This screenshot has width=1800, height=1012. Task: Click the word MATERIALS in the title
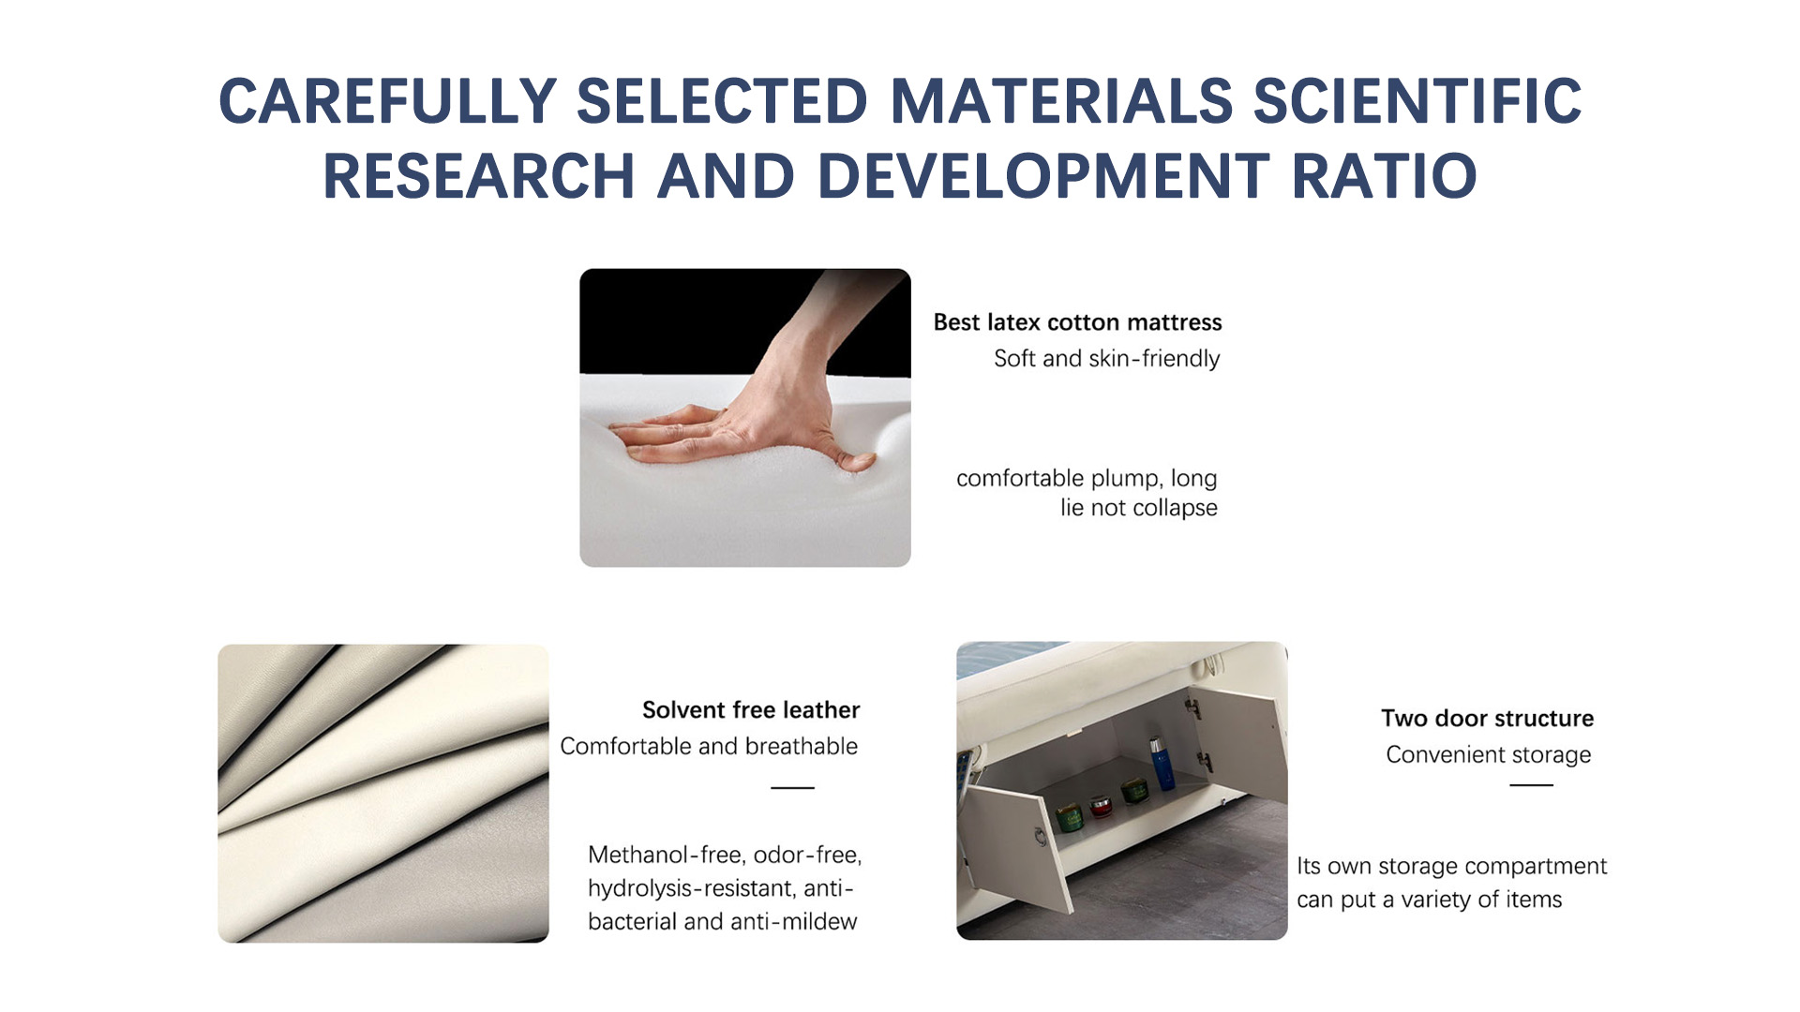[x=1061, y=101]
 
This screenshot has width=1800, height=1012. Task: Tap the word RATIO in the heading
[x=1384, y=176]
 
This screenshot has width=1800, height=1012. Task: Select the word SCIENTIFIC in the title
[x=1417, y=101]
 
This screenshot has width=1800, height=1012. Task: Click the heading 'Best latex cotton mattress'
[x=1077, y=322]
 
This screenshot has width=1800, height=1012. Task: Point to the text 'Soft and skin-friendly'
[x=1106, y=359]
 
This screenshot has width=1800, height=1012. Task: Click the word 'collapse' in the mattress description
[x=1175, y=508]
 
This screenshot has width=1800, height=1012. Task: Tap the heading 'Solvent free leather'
[x=751, y=710]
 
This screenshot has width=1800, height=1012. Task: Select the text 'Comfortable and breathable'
[x=709, y=746]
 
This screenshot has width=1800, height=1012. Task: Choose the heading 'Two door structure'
[x=1487, y=719]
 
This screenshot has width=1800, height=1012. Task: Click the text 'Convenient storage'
[x=1488, y=755]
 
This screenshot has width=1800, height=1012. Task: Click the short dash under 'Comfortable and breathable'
[x=792, y=788]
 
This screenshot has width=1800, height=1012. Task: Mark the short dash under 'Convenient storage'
[x=1531, y=785]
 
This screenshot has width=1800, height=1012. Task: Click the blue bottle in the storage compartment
[x=1162, y=764]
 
